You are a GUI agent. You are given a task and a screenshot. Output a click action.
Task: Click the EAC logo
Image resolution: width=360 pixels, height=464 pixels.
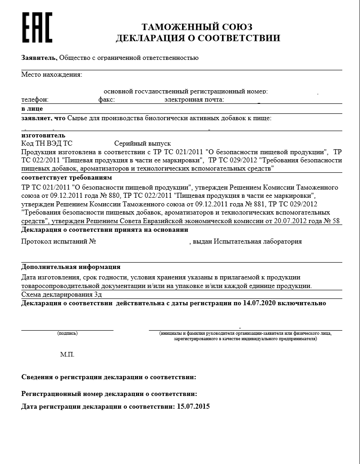click(x=38, y=27)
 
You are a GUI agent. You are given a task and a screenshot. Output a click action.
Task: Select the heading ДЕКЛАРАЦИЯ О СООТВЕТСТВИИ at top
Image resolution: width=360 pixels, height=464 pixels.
click(x=197, y=38)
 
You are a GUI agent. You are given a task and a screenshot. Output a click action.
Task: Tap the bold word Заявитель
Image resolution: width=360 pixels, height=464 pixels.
click(x=39, y=58)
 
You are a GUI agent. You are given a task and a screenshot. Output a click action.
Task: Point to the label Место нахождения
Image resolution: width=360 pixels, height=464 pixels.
click(x=52, y=74)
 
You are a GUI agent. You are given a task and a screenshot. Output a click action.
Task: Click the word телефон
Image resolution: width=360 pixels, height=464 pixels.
click(x=35, y=99)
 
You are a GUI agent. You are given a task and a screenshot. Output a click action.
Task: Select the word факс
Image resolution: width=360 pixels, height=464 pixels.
click(x=106, y=99)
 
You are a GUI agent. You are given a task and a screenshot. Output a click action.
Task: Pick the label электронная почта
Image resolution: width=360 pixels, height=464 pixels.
click(x=194, y=99)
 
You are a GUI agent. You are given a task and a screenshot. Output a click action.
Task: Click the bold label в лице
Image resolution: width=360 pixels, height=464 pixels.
click(x=32, y=109)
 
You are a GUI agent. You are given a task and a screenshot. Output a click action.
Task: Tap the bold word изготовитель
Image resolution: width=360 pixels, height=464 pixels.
click(x=44, y=135)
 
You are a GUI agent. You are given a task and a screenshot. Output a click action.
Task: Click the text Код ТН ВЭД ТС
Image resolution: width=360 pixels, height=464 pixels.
click(x=47, y=143)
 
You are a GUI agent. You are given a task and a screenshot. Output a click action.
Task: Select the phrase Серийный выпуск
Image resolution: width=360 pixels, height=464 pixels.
click(x=143, y=143)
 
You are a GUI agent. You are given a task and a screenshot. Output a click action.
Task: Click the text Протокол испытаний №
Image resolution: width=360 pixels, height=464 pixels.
click(x=59, y=242)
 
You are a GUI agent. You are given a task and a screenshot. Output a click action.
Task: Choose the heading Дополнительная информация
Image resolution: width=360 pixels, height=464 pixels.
click(x=71, y=267)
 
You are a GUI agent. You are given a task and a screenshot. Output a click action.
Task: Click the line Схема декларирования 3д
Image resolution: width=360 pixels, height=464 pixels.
click(x=61, y=294)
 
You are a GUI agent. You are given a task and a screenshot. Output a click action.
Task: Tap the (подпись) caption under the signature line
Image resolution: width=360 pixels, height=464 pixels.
click(x=67, y=334)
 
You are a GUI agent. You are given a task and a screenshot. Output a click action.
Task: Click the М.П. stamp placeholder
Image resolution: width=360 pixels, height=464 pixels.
click(x=67, y=354)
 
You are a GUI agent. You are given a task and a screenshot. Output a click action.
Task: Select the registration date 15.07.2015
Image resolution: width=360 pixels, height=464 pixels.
click(x=193, y=406)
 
